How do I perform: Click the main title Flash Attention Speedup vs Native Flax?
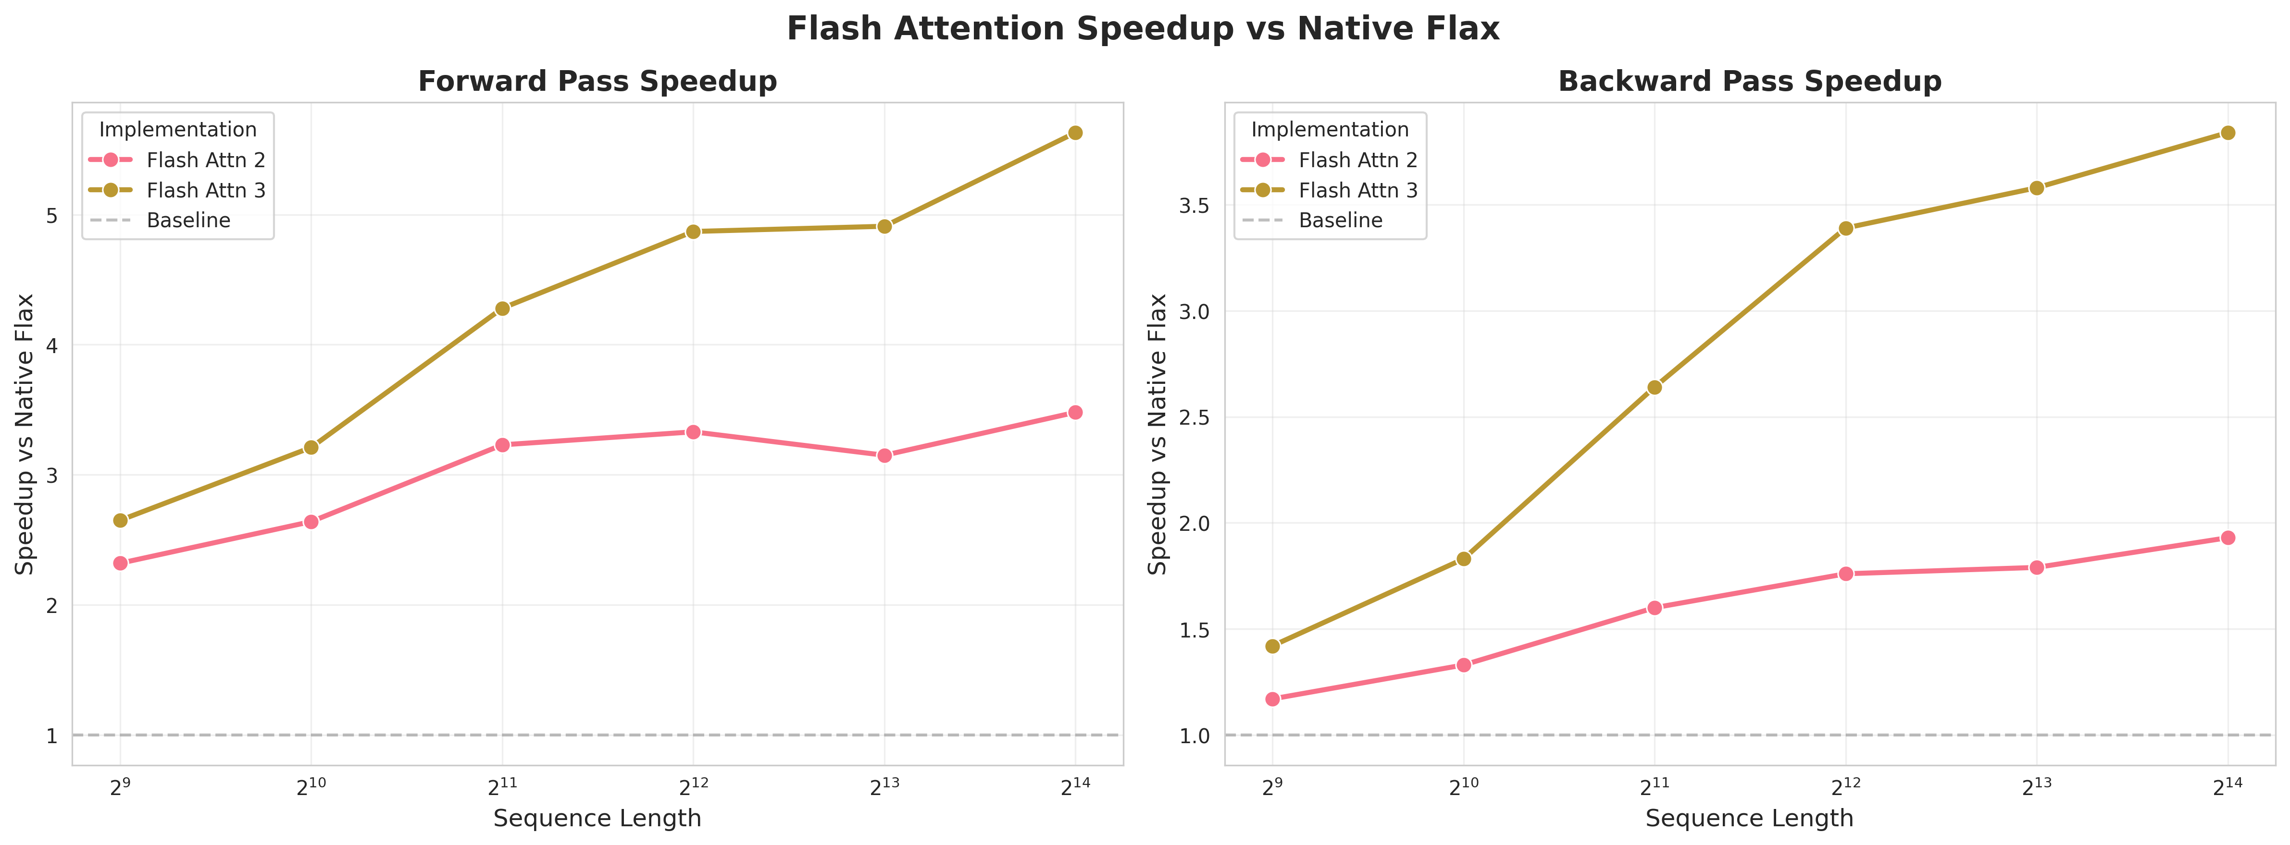(1143, 29)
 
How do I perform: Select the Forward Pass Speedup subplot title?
(597, 82)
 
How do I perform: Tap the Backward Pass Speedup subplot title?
(1750, 82)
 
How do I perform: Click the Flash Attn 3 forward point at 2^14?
(1075, 133)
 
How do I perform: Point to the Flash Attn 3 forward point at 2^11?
(502, 308)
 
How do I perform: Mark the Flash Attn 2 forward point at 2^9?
(120, 563)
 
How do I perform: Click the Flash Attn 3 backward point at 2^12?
(1845, 228)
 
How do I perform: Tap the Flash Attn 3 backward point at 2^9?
(1272, 646)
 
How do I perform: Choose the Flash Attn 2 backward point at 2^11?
(1655, 608)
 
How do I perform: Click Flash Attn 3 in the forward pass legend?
(205, 190)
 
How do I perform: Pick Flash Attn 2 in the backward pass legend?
(1357, 160)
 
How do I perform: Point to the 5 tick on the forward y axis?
(51, 216)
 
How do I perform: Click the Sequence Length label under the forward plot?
(597, 819)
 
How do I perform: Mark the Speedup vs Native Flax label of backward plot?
(1157, 434)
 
